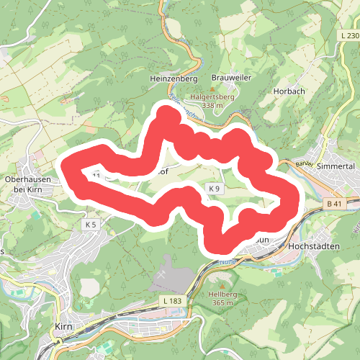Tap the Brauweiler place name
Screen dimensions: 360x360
[230, 77]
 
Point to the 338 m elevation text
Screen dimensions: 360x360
[213, 105]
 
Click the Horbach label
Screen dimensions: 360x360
[289, 91]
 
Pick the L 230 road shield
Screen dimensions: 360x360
[348, 35]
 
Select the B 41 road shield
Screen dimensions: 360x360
[333, 204]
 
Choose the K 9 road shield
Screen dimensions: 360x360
[213, 189]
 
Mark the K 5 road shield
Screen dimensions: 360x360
[90, 225]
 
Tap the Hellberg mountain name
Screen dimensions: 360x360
[222, 294]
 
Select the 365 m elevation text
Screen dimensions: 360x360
[222, 303]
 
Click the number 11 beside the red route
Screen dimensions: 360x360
[96, 175]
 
